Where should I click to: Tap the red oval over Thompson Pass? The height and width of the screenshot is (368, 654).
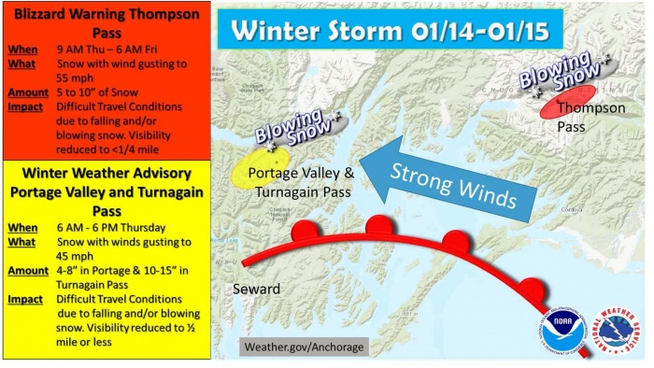(x=567, y=102)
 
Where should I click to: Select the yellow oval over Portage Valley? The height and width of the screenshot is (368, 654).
(x=257, y=167)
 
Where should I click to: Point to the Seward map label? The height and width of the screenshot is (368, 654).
(x=257, y=289)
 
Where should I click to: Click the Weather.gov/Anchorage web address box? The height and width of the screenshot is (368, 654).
(x=304, y=347)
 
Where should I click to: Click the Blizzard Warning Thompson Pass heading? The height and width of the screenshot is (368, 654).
(x=103, y=21)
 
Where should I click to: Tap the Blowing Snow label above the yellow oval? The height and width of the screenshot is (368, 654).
(x=292, y=130)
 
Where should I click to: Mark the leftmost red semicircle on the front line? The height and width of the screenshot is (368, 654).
(x=305, y=231)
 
